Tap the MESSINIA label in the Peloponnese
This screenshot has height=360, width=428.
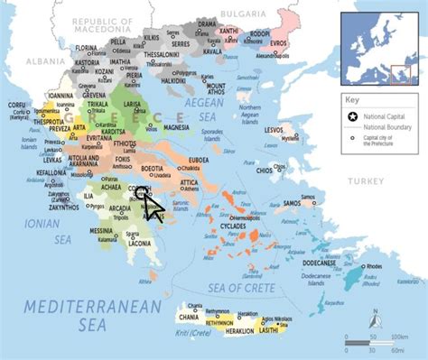(x=101, y=231)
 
